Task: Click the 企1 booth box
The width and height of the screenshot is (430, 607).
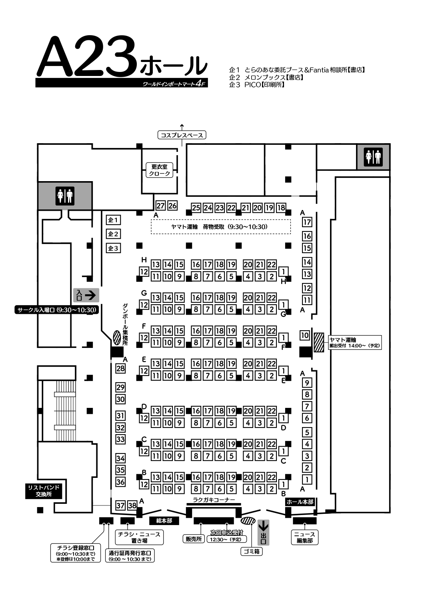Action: point(113,220)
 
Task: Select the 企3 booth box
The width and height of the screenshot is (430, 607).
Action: point(113,248)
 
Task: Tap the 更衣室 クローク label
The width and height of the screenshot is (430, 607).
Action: point(160,170)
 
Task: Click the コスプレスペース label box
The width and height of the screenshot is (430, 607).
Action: point(182,135)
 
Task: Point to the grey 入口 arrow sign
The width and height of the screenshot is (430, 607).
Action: point(86,295)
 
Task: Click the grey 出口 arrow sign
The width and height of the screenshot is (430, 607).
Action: point(263,533)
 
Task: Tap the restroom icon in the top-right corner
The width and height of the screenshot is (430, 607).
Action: point(373,157)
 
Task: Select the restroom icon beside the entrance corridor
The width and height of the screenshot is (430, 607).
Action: point(65,196)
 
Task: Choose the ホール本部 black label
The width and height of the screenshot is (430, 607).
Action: point(300,502)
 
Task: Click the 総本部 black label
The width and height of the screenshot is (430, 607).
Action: point(164,521)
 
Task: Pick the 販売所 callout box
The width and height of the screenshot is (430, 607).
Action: point(194,539)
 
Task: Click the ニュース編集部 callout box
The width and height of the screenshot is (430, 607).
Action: point(304,537)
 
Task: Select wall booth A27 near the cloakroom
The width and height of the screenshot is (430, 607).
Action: point(160,206)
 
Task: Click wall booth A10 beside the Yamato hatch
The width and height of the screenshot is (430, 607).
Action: point(304,335)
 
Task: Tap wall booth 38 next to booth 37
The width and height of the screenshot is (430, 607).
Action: point(132,505)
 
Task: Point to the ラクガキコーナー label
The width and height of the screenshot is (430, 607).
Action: point(214,500)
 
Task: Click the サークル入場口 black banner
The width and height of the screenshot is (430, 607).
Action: point(56,310)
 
